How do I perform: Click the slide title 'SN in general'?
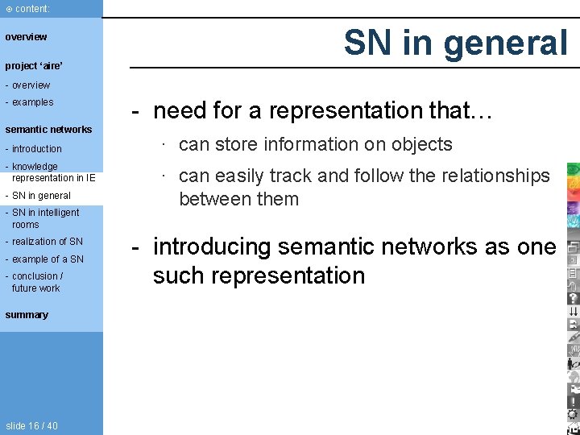point(456,43)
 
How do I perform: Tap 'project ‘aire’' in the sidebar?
point(34,66)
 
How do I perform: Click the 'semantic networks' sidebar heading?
point(48,130)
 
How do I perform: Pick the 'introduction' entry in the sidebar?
point(36,149)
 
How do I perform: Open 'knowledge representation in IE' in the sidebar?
point(53,172)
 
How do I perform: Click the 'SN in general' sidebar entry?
point(41,196)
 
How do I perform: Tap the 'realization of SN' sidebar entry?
point(47,242)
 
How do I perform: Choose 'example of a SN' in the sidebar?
point(48,259)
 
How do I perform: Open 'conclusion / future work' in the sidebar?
point(37,282)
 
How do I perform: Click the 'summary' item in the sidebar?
point(27,315)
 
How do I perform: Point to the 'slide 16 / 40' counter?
point(31,425)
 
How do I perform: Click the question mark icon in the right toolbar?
point(573,297)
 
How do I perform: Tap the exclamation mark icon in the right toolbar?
point(573,400)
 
